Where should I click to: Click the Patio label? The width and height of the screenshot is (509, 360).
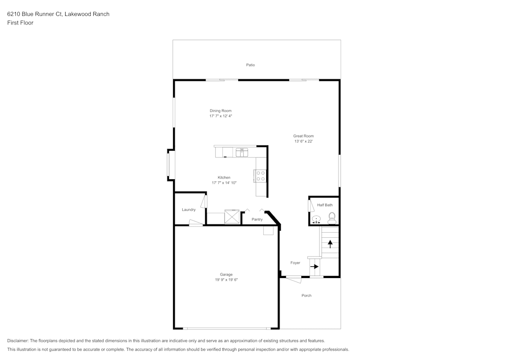tap(250, 65)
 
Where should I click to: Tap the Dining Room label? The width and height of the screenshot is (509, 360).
tap(220, 110)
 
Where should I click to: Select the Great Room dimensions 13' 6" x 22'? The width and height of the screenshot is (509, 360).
tap(303, 142)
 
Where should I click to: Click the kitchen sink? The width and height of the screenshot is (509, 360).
tap(241, 152)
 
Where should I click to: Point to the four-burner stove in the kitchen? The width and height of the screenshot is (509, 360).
tap(260, 176)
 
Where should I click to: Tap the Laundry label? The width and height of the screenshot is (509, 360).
tap(189, 210)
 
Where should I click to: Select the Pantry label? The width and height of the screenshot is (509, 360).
tap(257, 219)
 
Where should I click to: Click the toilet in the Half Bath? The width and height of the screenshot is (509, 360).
tap(332, 218)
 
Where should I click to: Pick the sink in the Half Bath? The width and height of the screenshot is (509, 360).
tap(317, 220)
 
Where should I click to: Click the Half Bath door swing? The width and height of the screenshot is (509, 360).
tap(310, 205)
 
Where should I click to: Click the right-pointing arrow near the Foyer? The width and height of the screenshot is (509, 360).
tap(315, 266)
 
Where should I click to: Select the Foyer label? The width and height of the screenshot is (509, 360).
tap(295, 263)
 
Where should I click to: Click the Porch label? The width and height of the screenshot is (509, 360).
tap(306, 295)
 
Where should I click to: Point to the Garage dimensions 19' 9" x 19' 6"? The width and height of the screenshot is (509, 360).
tap(226, 280)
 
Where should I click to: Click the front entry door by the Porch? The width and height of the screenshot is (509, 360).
tap(293, 279)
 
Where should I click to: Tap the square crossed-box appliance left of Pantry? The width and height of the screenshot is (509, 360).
tap(233, 216)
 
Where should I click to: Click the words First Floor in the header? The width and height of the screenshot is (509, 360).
tap(20, 23)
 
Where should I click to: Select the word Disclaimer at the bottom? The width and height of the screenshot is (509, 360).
tap(18, 341)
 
